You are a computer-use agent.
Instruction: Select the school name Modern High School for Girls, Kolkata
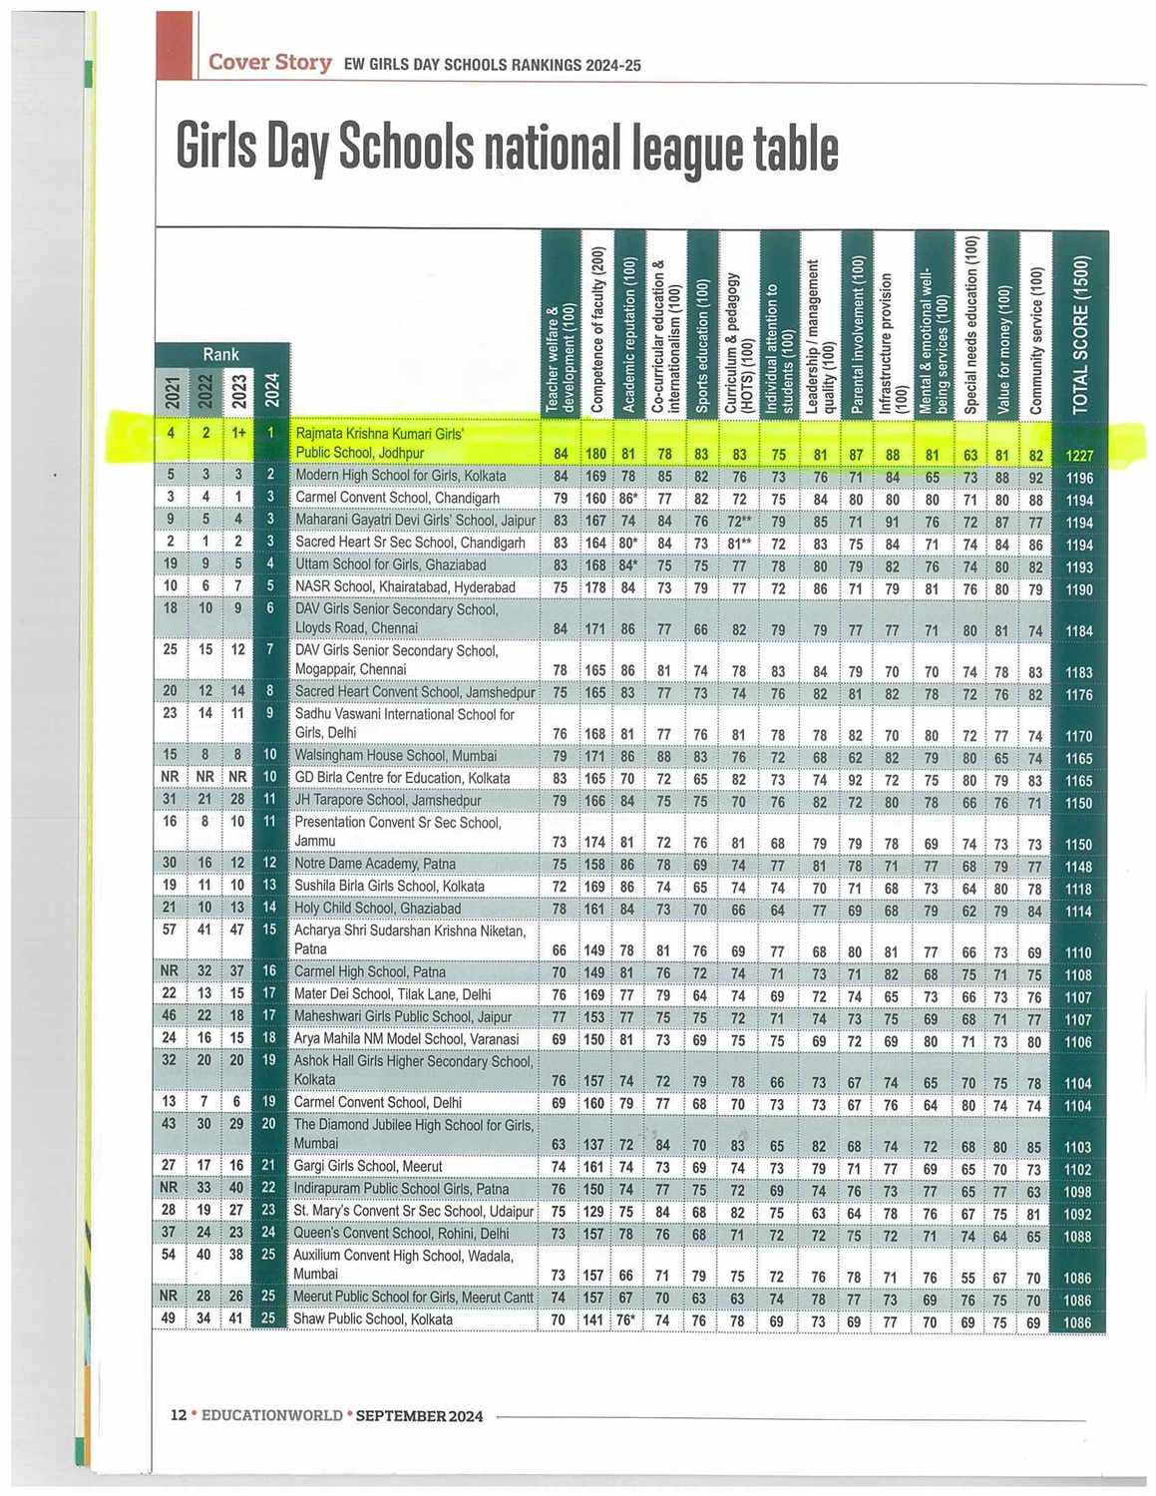(x=400, y=476)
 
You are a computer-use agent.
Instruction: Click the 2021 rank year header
(x=173, y=392)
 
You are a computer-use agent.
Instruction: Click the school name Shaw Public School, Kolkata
(x=372, y=1319)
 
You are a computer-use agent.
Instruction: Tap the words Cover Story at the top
(x=269, y=63)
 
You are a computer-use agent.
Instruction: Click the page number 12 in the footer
(x=179, y=1415)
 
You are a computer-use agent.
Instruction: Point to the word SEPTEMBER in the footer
(x=401, y=1415)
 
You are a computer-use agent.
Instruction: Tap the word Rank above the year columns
(x=220, y=354)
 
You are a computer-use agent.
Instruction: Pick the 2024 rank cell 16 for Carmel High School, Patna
(x=270, y=971)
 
